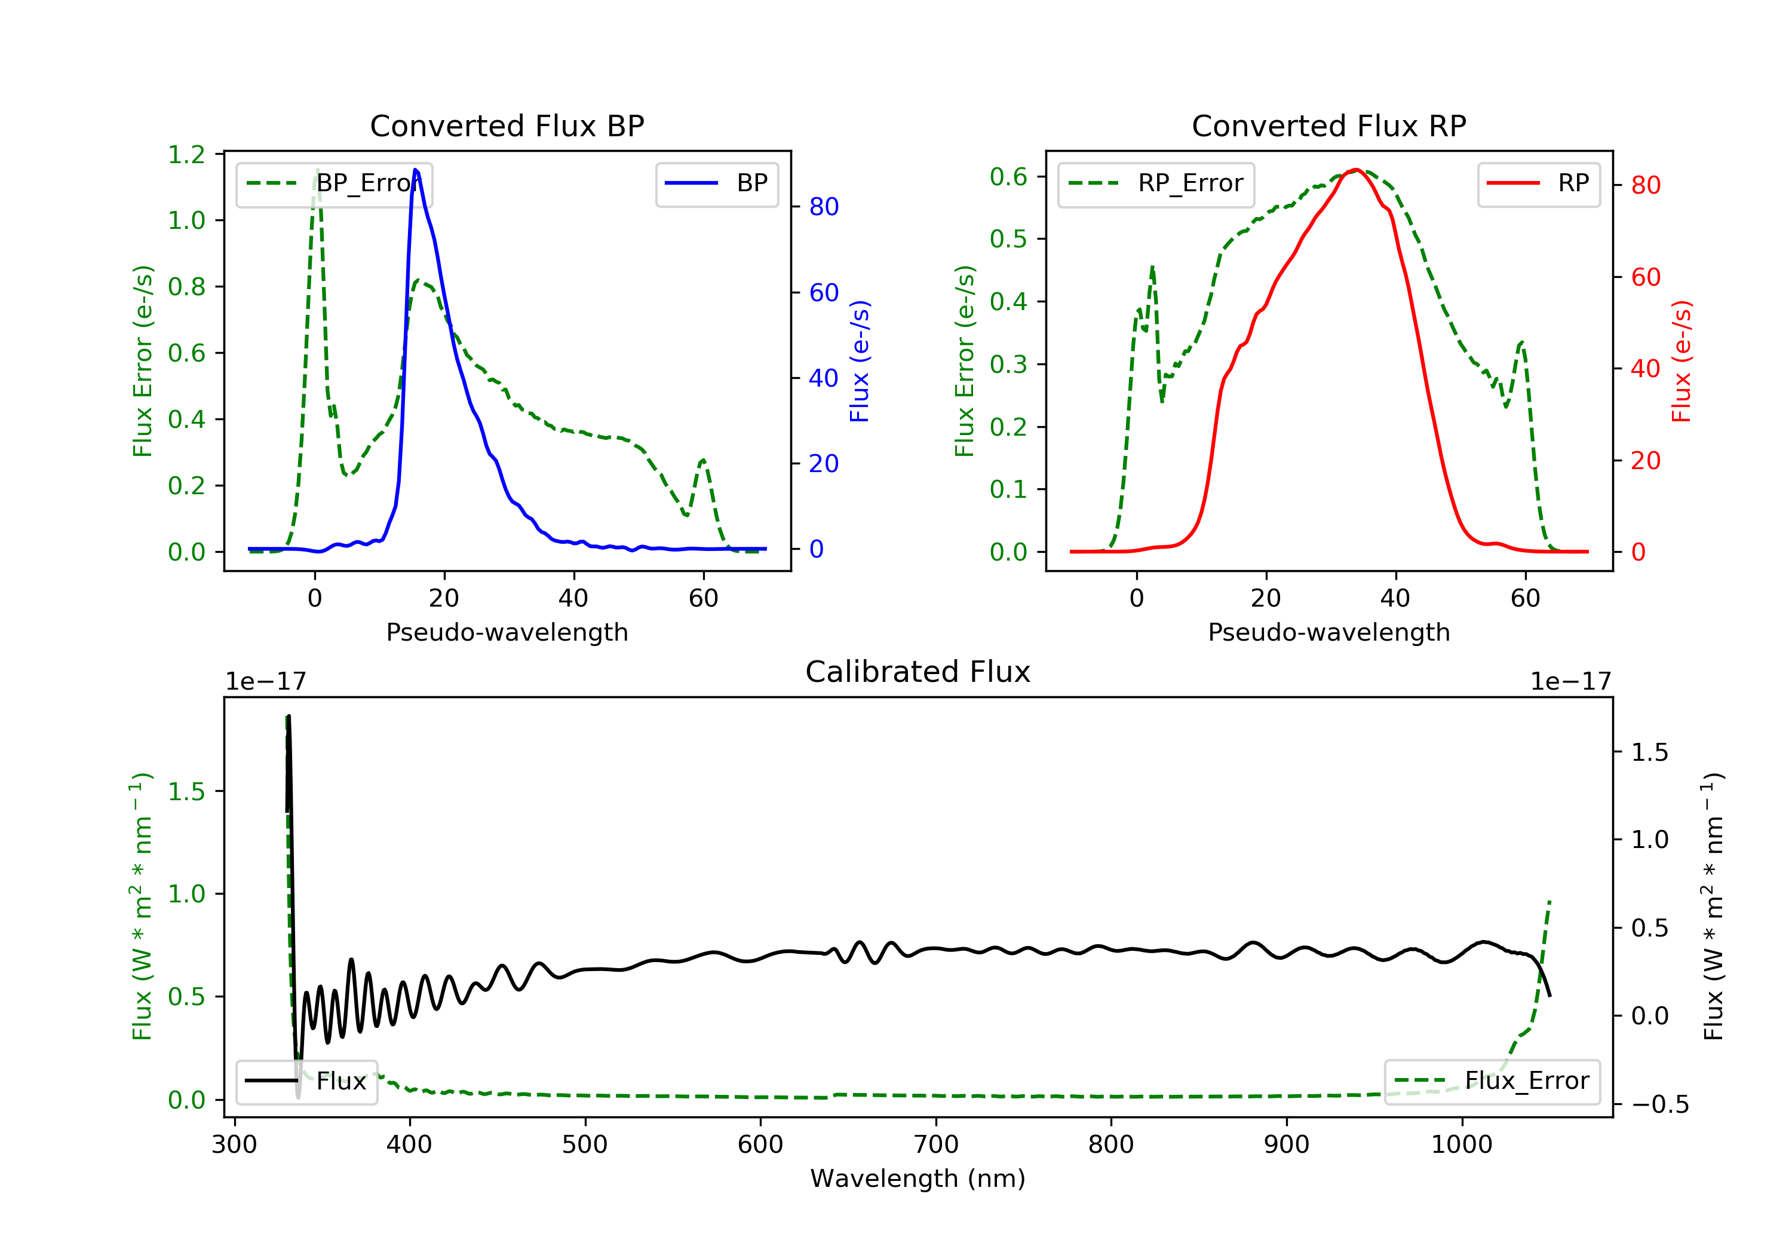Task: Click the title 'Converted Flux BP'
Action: (507, 125)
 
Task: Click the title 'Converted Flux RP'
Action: (1328, 125)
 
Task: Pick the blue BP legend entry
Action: (716, 183)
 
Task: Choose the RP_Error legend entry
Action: (1156, 183)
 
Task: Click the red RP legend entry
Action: (1538, 183)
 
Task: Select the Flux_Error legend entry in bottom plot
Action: (1492, 1081)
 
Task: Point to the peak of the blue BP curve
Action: (415, 170)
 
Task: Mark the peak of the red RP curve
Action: (1357, 170)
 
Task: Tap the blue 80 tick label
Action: (823, 207)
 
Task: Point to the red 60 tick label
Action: (1645, 277)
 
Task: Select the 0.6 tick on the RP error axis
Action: (1008, 176)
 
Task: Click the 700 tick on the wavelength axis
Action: (936, 1145)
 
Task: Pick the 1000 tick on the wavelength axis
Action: (1461, 1145)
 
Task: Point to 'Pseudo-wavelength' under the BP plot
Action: (507, 632)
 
